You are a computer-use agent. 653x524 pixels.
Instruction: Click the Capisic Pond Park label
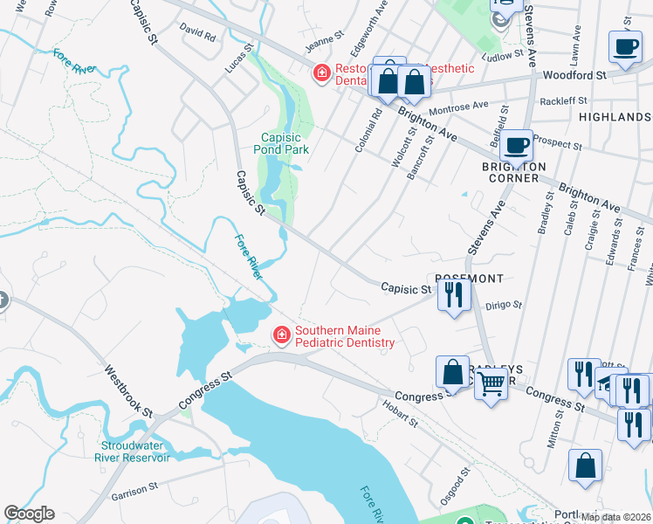[x=285, y=143]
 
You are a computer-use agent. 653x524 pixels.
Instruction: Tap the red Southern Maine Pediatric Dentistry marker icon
[x=281, y=334]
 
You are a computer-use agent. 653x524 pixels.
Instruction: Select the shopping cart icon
[x=491, y=382]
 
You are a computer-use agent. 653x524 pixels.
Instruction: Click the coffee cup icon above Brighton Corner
[x=517, y=142]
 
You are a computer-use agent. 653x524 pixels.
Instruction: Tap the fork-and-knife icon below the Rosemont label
[x=454, y=296]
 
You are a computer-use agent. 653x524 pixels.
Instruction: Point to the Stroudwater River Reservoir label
[x=134, y=449]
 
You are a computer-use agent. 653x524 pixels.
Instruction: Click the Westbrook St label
[x=128, y=390]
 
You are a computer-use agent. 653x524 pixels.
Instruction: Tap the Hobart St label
[x=400, y=414]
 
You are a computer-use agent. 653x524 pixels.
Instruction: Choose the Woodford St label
[x=574, y=76]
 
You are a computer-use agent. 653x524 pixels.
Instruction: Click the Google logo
[x=29, y=514]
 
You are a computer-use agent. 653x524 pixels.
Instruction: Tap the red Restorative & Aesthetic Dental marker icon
[x=322, y=73]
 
